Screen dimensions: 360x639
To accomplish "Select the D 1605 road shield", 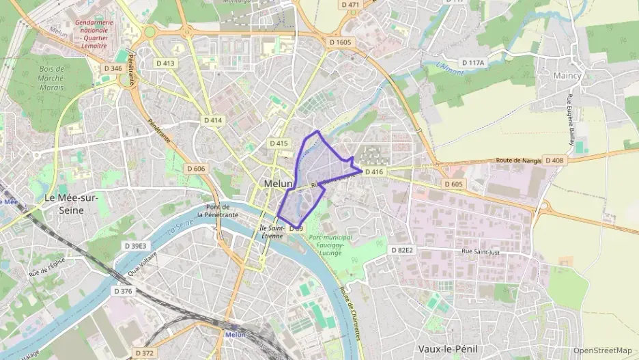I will pos(340,42).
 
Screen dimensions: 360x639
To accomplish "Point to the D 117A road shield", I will pos(472,63).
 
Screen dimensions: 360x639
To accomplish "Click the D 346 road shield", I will pos(113,68).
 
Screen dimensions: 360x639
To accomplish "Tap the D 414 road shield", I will pos(213,120).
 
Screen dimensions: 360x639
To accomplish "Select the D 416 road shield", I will pos(374,172).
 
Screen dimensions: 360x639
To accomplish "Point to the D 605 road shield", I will pos(453,184).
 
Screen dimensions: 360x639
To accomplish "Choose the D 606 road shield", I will pos(196,169).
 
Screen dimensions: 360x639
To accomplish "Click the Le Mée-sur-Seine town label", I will pos(72,204).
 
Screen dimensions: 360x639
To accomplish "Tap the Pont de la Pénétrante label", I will pos(218,210).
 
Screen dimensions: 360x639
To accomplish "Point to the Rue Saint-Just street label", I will pos(481,251).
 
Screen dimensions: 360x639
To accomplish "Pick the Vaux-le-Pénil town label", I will pos(448,348).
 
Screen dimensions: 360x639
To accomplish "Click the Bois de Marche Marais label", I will pos(52,77).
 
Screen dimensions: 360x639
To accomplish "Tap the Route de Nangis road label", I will pos(519,161).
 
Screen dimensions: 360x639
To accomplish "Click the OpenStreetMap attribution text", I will pos(603,350).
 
